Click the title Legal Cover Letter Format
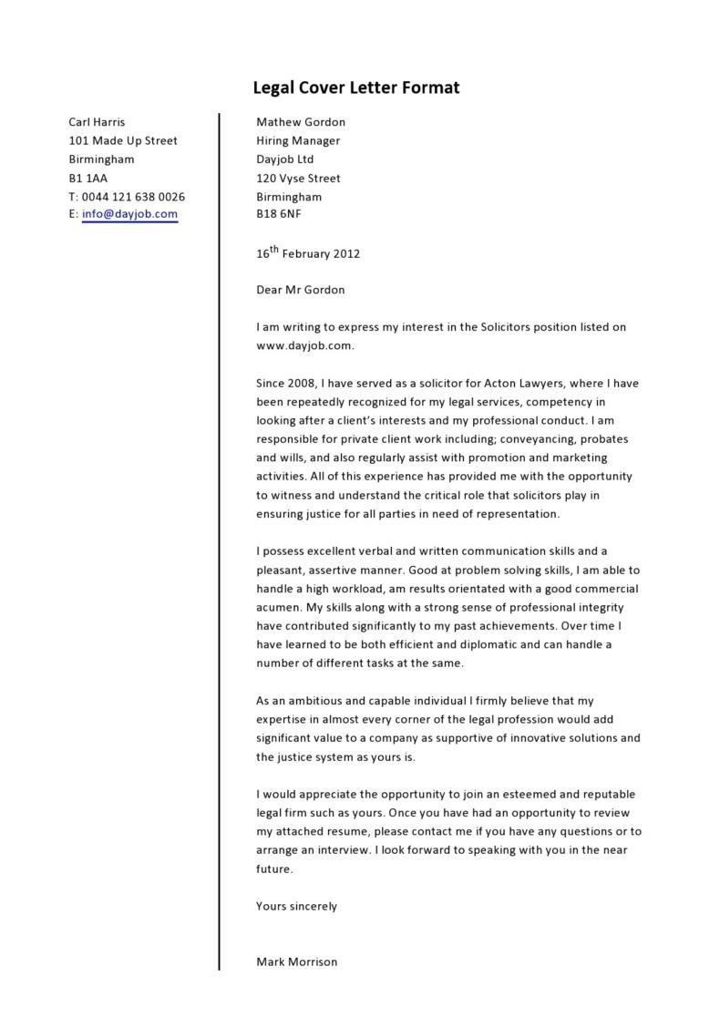click(355, 88)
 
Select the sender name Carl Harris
click(97, 122)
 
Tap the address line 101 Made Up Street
click(123, 140)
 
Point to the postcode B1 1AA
click(88, 178)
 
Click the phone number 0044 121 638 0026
click(133, 197)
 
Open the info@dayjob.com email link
click(129, 215)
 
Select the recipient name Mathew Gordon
click(301, 122)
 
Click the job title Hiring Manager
click(298, 140)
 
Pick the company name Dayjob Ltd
click(284, 159)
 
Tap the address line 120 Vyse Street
click(298, 178)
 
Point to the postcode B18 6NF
click(278, 215)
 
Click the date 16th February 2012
click(308, 253)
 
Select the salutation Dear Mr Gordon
click(301, 290)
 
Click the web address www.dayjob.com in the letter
click(303, 345)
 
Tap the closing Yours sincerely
click(297, 906)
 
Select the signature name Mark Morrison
click(297, 961)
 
